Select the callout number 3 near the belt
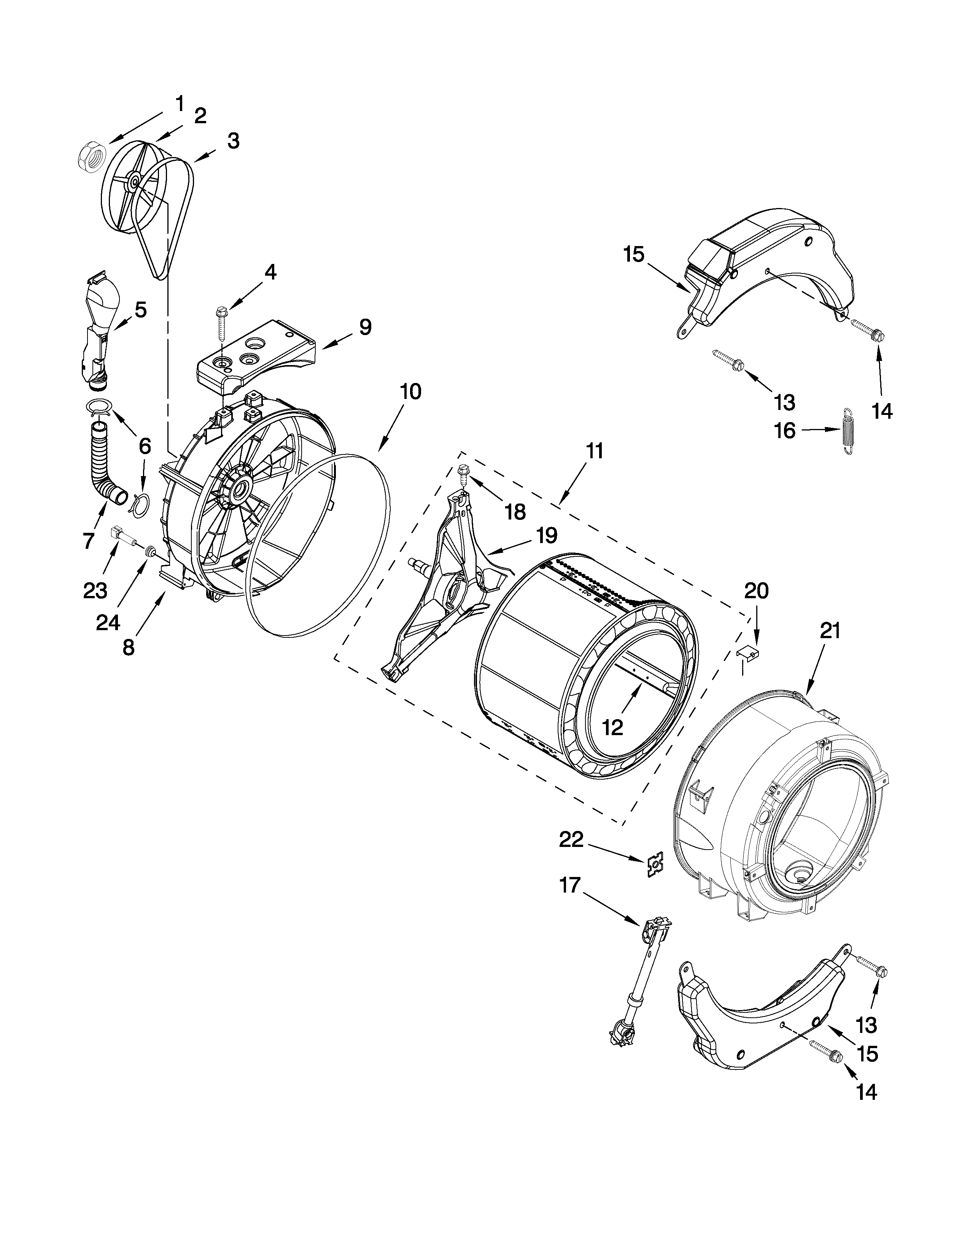click(x=233, y=141)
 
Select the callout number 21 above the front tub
click(x=830, y=631)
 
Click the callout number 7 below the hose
click(x=88, y=540)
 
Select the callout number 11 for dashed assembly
click(x=595, y=451)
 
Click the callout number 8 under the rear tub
click(x=128, y=647)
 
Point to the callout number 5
click(x=140, y=310)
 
